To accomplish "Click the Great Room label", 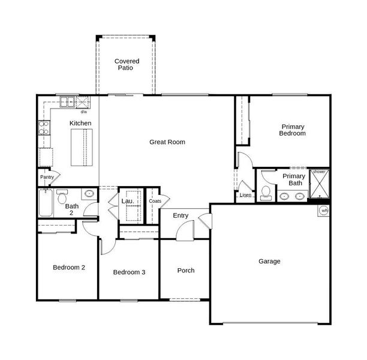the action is (167, 142).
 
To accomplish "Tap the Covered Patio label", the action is (127, 64).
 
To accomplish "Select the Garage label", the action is (269, 262).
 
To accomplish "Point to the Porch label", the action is (186, 271).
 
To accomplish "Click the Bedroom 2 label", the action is (69, 268).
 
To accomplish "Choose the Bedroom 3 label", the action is (129, 272).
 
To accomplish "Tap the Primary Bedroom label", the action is (293, 130).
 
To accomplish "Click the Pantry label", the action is (47, 177).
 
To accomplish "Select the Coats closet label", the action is (155, 201).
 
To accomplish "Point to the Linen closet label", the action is (245, 195).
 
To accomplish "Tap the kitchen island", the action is (82, 148).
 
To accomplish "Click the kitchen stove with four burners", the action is (44, 128).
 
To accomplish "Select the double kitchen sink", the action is (67, 102).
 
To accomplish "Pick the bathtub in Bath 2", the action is (46, 203).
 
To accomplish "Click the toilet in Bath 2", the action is (62, 197).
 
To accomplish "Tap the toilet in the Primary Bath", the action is (266, 193).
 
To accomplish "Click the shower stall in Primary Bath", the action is (320, 184).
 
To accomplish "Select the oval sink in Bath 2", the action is (89, 194).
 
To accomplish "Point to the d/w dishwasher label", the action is (84, 112).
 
